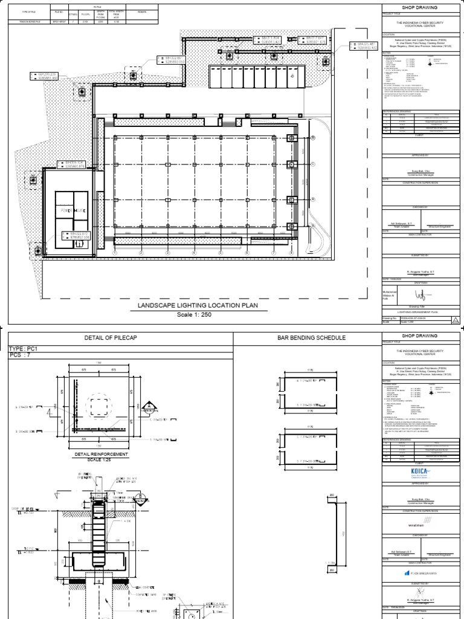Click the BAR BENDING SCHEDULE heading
[x=308, y=337]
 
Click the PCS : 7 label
[x=20, y=357]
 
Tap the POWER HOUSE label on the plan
[x=72, y=210]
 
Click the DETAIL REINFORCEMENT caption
[x=101, y=453]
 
